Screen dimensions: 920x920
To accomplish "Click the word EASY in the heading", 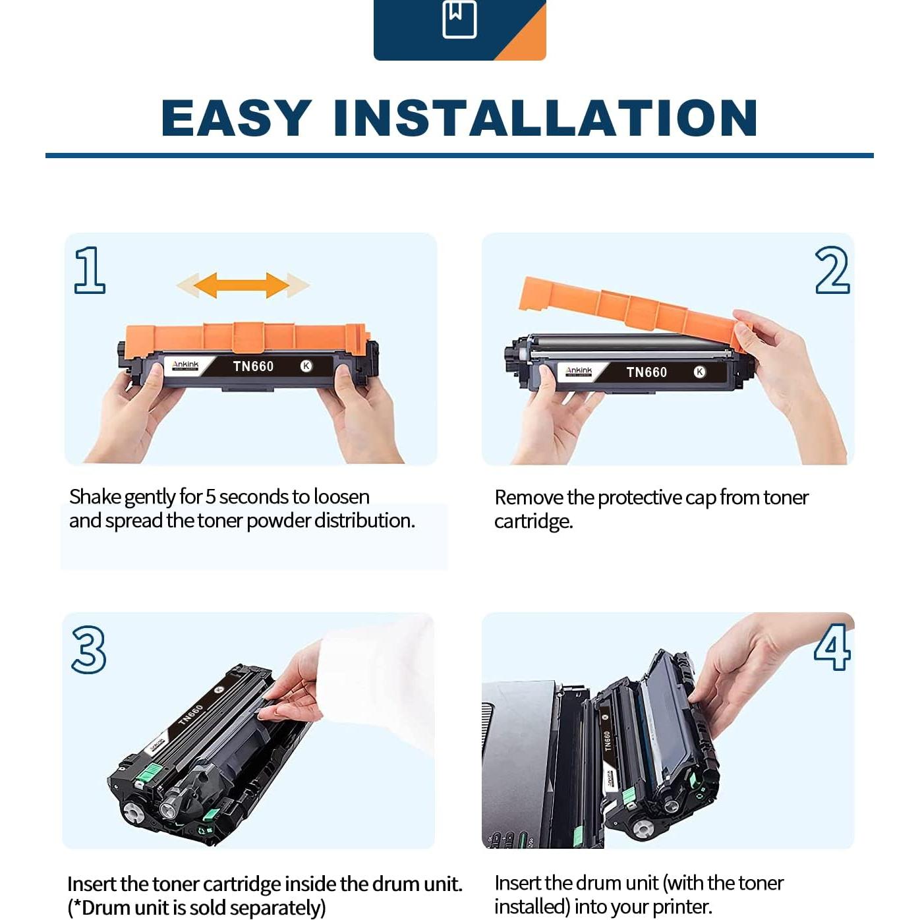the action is coord(237,118).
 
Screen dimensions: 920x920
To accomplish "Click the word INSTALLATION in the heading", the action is coord(546,118).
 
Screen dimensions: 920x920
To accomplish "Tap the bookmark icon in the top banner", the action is coord(459,19).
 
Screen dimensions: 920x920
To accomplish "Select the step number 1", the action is coord(90,270).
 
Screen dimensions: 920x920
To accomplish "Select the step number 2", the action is coord(832,270).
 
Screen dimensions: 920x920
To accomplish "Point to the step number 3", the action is coord(89,650).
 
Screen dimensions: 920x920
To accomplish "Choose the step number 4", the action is coord(832,647).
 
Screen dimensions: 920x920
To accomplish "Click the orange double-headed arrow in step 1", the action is coord(242,285).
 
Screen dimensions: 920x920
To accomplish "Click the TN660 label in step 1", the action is coord(253,366).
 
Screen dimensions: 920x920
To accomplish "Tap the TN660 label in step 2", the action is coord(647,372).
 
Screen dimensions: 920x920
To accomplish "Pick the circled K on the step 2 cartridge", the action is coord(699,372).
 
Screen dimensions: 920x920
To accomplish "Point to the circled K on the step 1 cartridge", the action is coord(306,366).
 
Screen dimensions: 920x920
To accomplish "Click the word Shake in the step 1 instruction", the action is coord(95,496).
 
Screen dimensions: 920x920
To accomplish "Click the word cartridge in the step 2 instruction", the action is coord(533,522).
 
